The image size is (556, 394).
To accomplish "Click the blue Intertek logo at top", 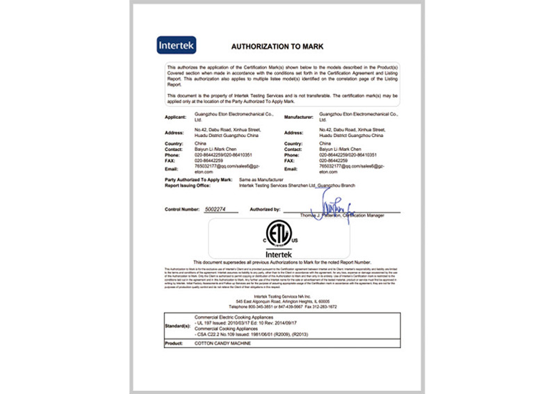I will pos(177,47).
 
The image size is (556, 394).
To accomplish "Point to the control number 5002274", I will pos(222,208).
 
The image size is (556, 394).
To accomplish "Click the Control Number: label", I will pos(183,208).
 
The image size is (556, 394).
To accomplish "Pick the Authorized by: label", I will pos(265,208).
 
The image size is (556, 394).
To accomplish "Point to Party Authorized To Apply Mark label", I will pos(197,179).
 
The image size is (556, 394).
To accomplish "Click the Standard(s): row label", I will pos(179,324).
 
